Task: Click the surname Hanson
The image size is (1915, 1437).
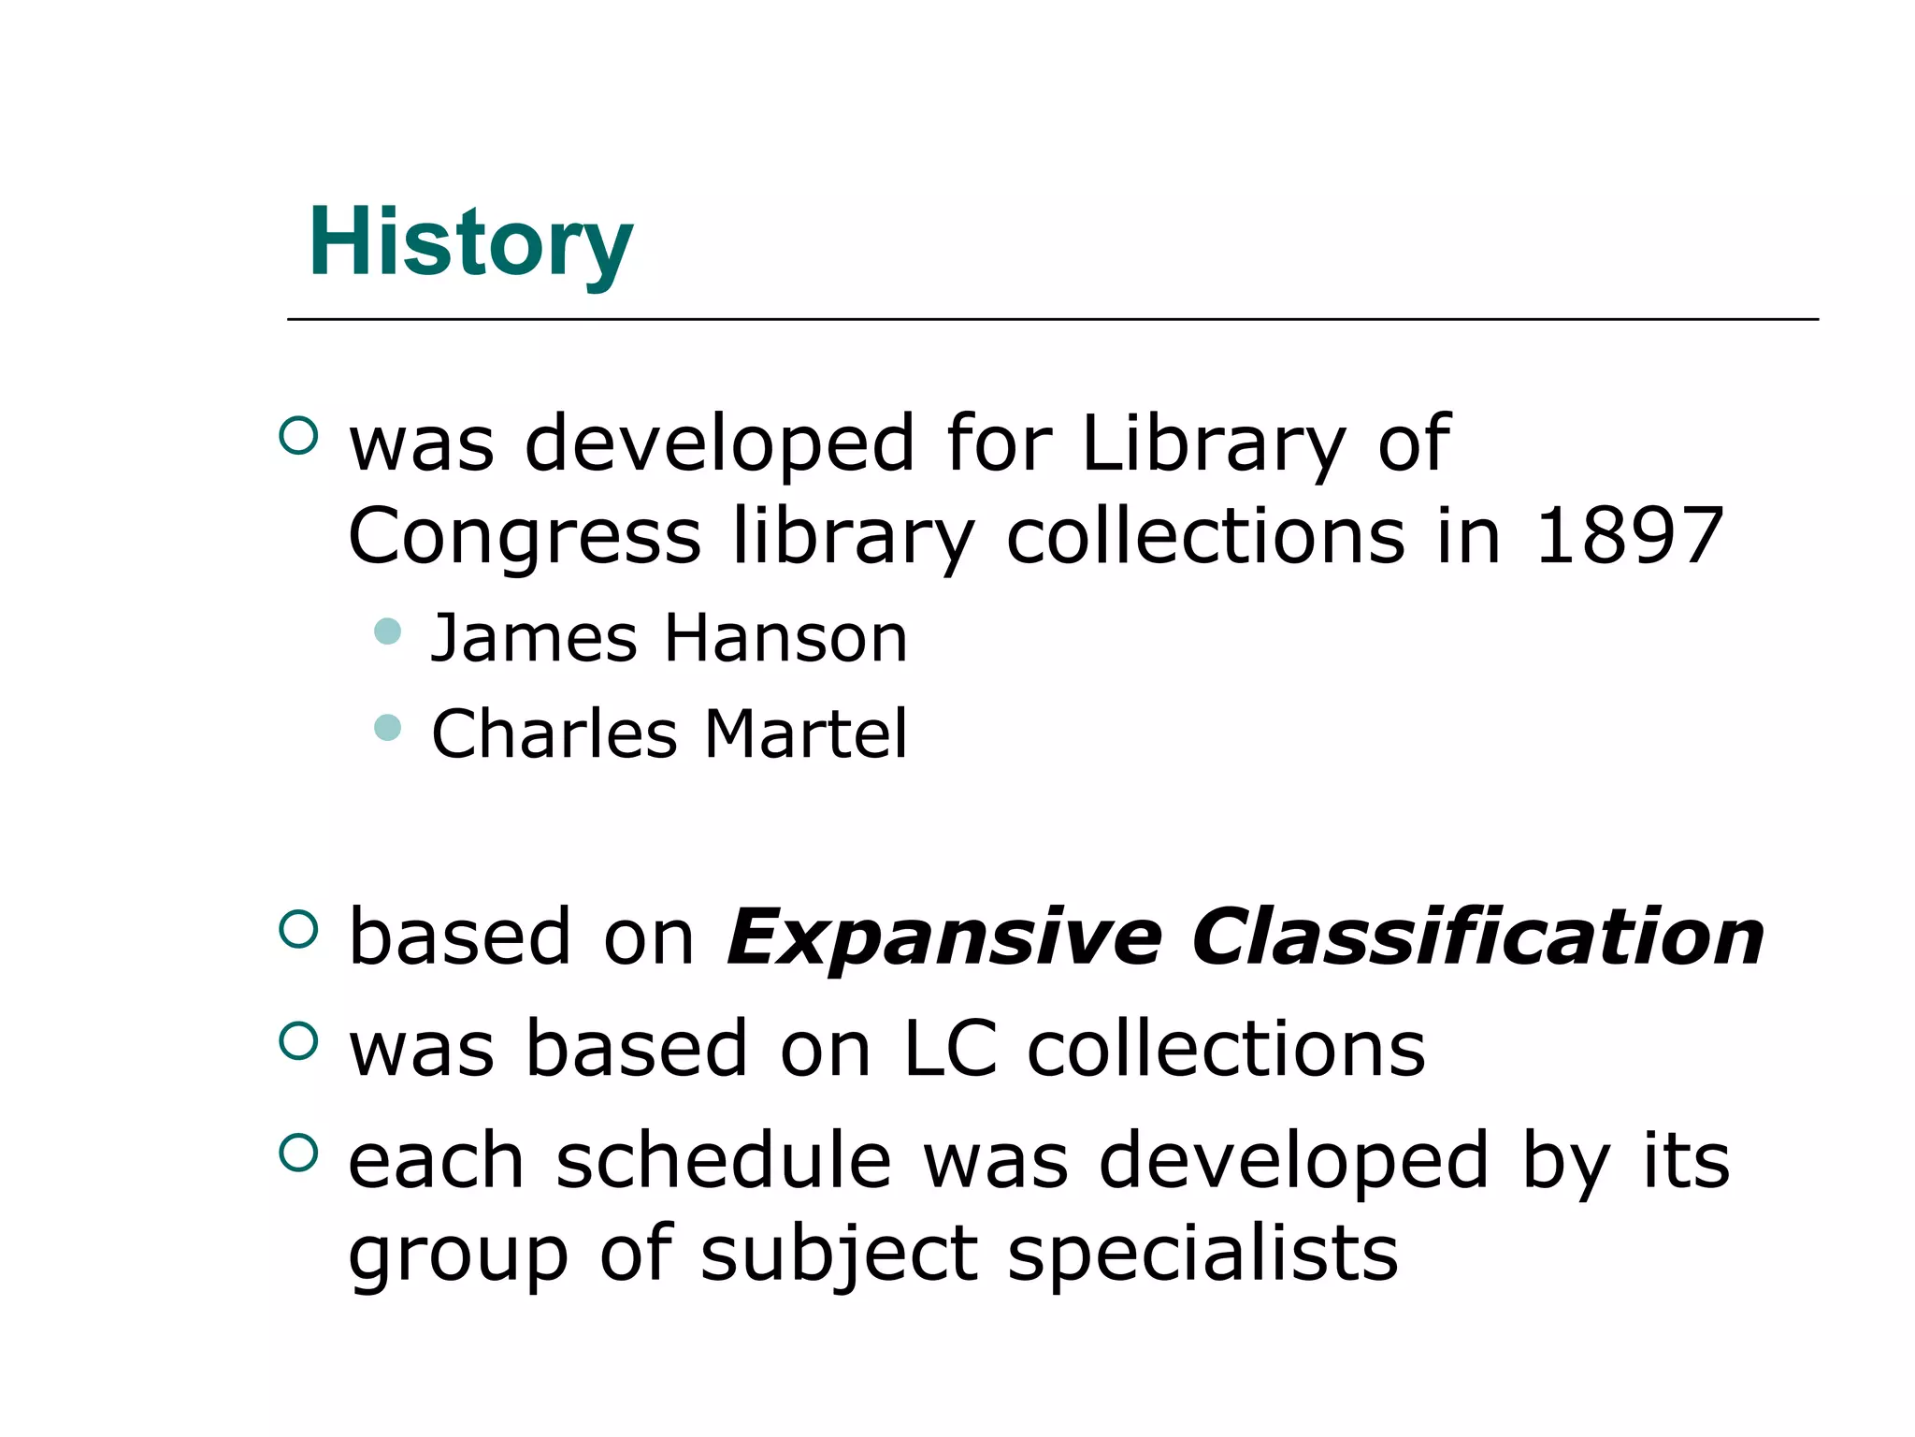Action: click(785, 639)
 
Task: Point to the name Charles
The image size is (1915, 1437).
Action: click(554, 733)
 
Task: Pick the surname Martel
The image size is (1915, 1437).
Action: click(806, 733)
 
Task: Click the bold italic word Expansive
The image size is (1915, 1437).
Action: click(944, 937)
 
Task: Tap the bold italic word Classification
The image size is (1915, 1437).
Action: click(1477, 937)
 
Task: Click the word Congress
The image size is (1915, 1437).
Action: click(524, 537)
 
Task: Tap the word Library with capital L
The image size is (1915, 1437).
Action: click(1213, 443)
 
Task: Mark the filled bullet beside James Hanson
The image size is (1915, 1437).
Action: click(387, 631)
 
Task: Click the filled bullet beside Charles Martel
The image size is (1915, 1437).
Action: click(387, 727)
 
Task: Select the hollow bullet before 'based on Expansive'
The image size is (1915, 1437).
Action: click(299, 929)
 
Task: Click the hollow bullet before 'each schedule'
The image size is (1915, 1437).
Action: click(299, 1152)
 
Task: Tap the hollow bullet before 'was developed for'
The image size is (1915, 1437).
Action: click(299, 435)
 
